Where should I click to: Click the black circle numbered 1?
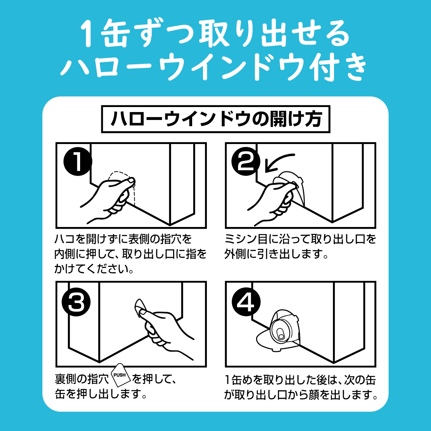pyautogui.click(x=78, y=161)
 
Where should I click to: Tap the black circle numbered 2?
pyautogui.click(x=246, y=161)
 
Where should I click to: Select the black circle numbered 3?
pyautogui.click(x=76, y=302)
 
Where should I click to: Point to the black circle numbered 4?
pyautogui.click(x=246, y=302)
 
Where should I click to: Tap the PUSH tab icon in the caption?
pyautogui.click(x=121, y=375)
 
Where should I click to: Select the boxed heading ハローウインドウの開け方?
pyautogui.click(x=215, y=119)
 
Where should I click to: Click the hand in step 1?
pyautogui.click(x=108, y=199)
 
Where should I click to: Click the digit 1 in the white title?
pyautogui.click(x=88, y=34)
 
